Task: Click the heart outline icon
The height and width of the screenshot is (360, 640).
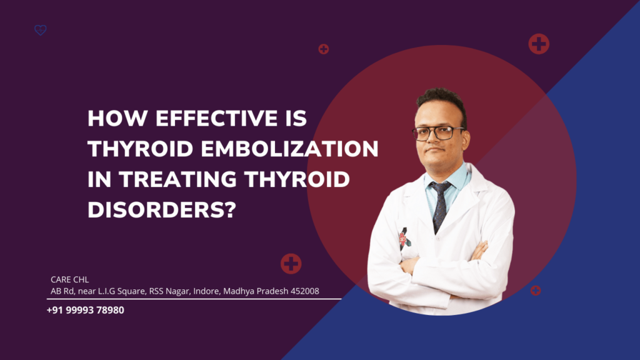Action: click(x=41, y=30)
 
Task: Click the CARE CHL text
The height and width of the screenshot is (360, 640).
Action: click(x=69, y=279)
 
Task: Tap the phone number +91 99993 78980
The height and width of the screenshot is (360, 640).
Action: click(x=85, y=309)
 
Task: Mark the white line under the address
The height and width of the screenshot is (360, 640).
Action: click(x=194, y=299)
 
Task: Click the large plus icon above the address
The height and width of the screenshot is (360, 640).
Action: click(x=291, y=264)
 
